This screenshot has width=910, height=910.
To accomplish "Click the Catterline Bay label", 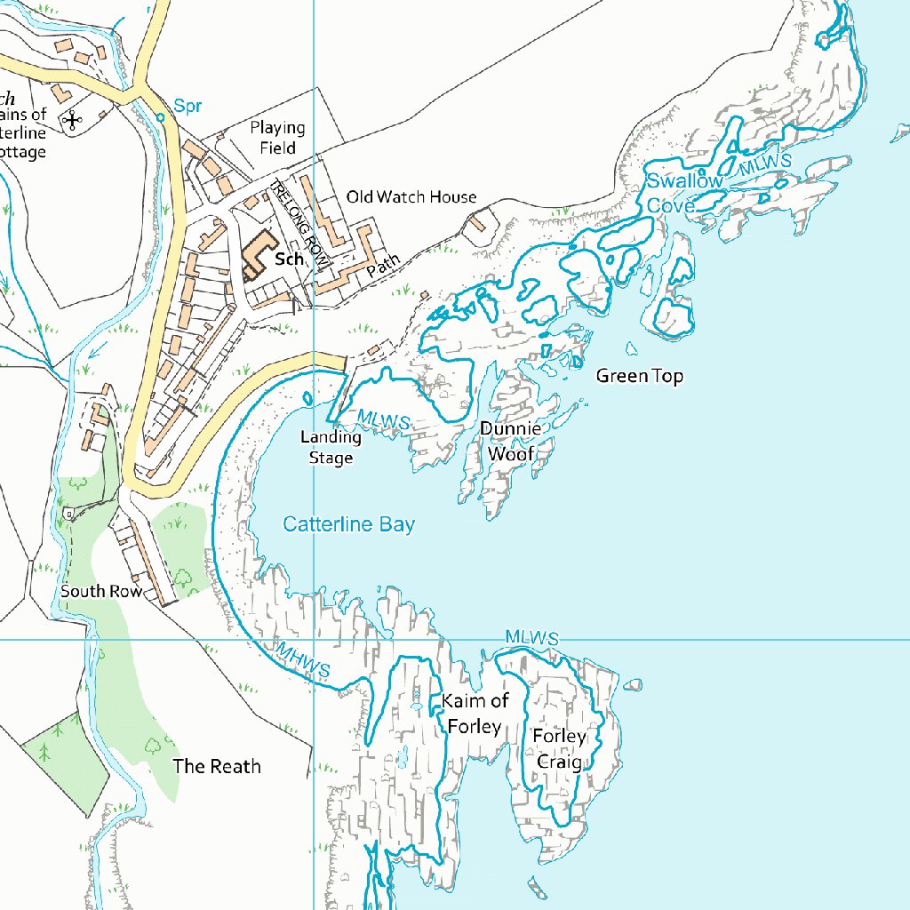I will (x=348, y=525).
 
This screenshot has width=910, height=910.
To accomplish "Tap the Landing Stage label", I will (x=331, y=447).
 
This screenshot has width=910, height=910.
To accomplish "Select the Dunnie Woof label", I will (x=510, y=442).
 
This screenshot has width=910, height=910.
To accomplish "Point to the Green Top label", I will (x=640, y=376).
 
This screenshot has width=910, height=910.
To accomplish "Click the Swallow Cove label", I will (x=684, y=193).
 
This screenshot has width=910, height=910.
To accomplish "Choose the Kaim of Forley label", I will (x=475, y=714).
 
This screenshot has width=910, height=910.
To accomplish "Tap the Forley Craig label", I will (x=559, y=749).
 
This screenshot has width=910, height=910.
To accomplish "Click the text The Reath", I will (x=217, y=766).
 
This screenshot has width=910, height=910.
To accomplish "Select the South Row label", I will (x=101, y=591).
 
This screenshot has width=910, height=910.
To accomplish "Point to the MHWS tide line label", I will (x=303, y=661).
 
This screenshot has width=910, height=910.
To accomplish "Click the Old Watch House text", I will (x=411, y=196).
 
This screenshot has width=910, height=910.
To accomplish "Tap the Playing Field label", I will (x=277, y=138).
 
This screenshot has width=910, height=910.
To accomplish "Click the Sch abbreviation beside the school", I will (x=290, y=259).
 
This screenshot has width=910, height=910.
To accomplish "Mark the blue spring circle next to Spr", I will (x=161, y=116).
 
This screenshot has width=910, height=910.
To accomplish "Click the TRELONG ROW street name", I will (x=299, y=221).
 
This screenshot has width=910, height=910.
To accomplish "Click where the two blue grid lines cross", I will (x=315, y=639).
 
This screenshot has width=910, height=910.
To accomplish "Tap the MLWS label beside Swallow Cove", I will (x=765, y=164).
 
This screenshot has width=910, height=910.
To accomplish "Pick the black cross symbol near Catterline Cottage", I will (x=72, y=120).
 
